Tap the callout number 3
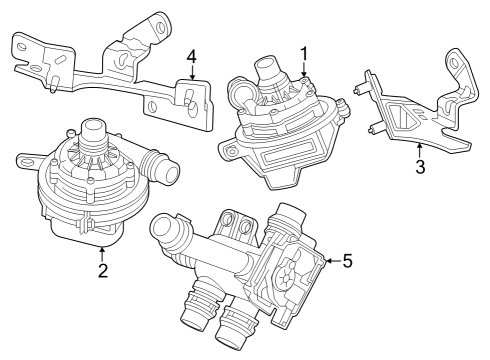[421, 166]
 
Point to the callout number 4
[190, 55]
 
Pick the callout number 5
[347, 260]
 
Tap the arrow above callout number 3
[421, 149]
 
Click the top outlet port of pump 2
[93, 129]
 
